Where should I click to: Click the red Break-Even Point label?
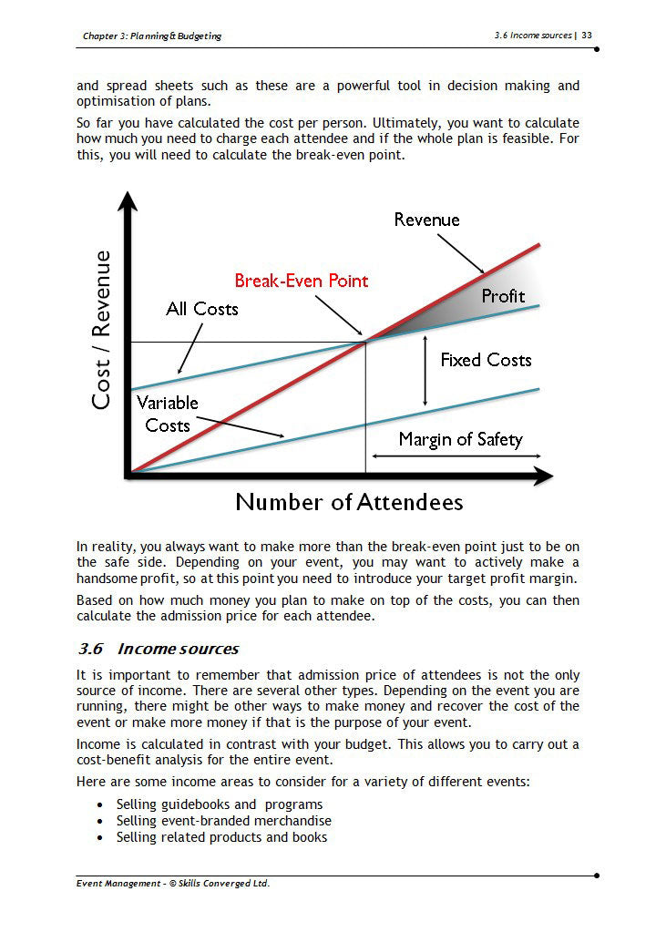pos(302,281)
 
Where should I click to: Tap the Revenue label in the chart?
pos(426,220)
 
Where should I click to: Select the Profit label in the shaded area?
pos(503,296)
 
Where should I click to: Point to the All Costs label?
pos(202,309)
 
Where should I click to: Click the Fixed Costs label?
pos(486,360)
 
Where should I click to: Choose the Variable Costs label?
pos(167,414)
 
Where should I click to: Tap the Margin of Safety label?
pos(460,439)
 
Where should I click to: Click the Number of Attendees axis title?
pos(349,502)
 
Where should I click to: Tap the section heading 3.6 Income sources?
pos(159,649)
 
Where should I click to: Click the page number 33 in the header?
pos(587,36)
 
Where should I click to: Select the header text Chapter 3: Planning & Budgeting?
pos(151,36)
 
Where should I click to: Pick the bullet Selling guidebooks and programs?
pos(220,804)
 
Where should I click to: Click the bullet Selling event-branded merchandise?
pos(224,821)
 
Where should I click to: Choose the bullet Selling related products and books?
pos(221,837)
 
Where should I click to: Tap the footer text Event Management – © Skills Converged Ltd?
pos(173,883)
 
